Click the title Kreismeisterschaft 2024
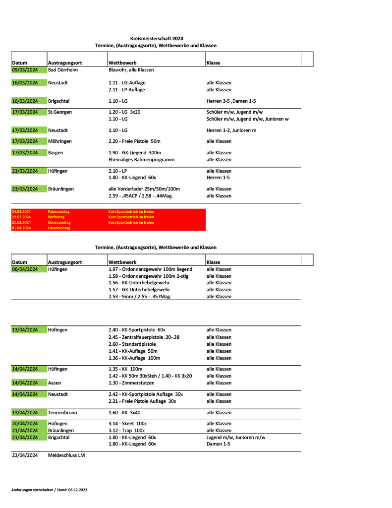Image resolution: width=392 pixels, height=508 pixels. [156, 38]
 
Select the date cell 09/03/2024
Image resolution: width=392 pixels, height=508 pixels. [25, 70]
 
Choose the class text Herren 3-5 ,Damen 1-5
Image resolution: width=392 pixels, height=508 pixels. [231, 101]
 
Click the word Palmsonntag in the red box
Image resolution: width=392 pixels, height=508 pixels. [59, 212]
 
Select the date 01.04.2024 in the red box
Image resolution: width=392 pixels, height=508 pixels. [21, 228]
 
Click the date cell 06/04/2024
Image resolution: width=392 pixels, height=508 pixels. [25, 269]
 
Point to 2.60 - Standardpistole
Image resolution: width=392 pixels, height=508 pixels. [132, 344]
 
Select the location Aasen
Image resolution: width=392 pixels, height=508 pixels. [56, 383]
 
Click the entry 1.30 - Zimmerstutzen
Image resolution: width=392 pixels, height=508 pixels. [131, 383]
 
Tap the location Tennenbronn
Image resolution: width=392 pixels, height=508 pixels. [62, 413]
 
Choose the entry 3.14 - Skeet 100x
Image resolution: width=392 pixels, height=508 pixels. [128, 424]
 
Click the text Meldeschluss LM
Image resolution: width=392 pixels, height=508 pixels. [66, 455]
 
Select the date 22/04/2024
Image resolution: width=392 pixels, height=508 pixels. [25, 455]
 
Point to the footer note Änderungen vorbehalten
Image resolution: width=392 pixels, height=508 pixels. [49, 490]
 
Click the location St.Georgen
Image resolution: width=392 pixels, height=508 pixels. [60, 112]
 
